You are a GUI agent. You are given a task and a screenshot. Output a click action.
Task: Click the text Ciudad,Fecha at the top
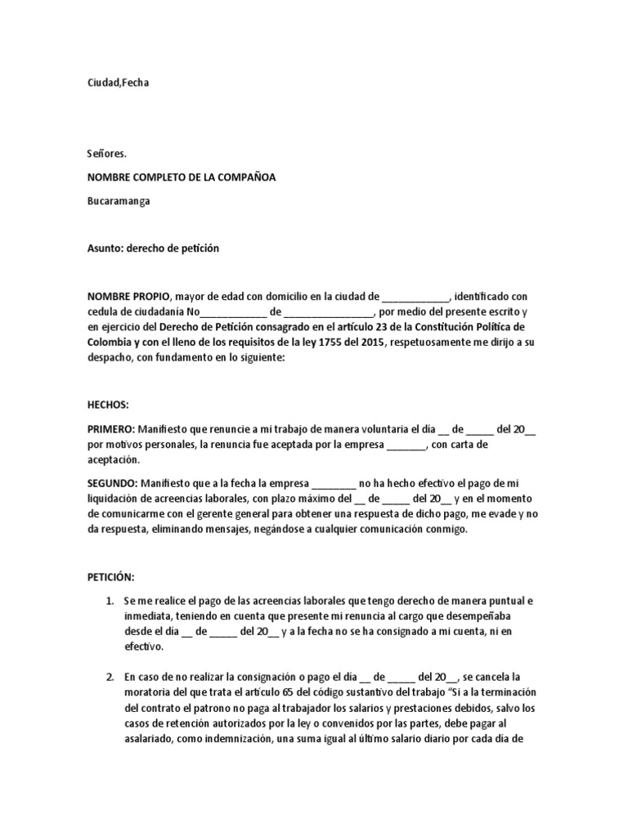point(119,83)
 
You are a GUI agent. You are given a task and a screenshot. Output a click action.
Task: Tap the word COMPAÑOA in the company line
point(241,177)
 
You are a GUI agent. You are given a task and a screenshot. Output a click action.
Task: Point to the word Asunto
point(104,247)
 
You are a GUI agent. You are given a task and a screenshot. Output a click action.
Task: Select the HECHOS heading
point(108,405)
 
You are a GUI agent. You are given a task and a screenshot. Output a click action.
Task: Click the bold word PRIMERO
point(111,428)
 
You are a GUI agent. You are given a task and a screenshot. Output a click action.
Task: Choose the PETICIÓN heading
point(111,577)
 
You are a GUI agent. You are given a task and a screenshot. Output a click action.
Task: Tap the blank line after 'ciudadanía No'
point(233,311)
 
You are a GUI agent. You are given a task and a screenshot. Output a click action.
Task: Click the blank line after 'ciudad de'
point(415,296)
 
